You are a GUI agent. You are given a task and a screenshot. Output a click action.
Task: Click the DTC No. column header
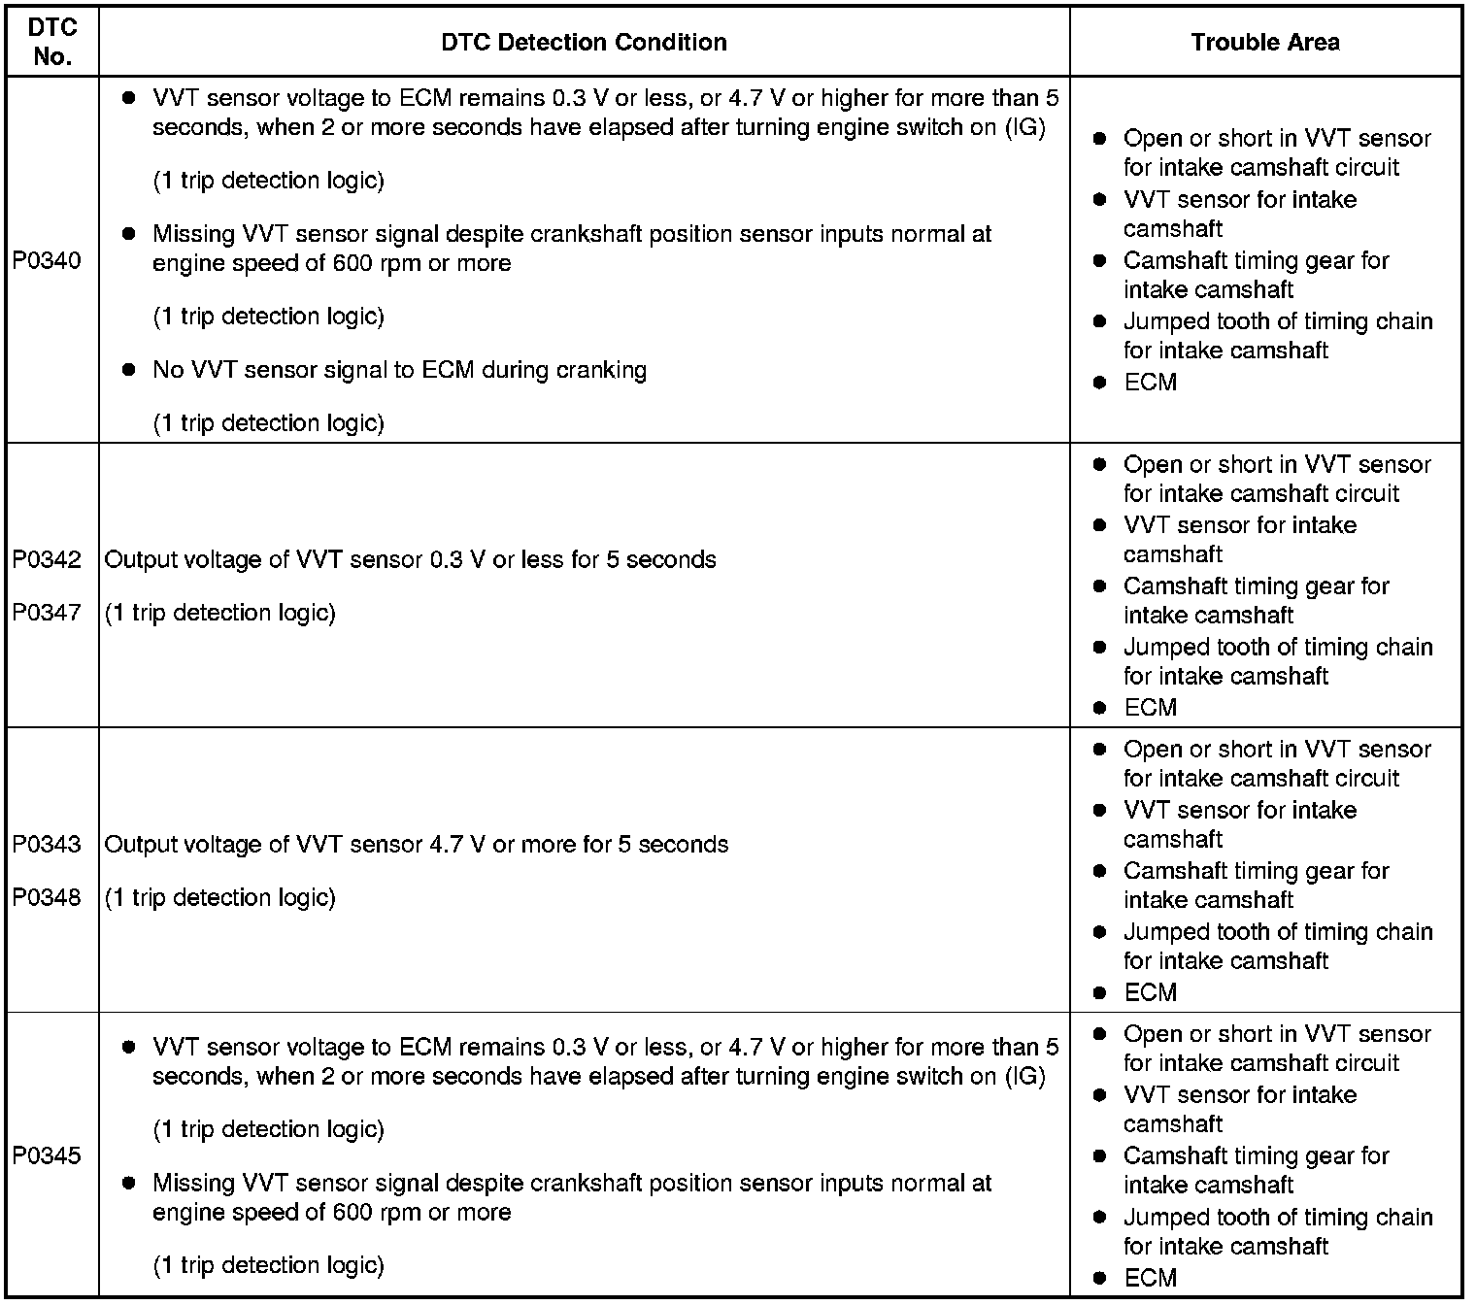(x=52, y=42)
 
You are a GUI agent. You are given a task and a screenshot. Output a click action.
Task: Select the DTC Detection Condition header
(x=584, y=42)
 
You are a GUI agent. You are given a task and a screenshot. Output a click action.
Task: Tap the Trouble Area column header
(x=1265, y=42)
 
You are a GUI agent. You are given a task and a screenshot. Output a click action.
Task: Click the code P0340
(x=47, y=261)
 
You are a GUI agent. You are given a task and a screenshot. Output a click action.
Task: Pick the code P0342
(x=47, y=560)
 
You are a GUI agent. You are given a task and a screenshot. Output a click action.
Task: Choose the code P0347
(x=47, y=613)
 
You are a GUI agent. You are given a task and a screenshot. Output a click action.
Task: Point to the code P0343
(x=47, y=845)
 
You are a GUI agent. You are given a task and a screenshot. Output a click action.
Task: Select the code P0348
(x=47, y=897)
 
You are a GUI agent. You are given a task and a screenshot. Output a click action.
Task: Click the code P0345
(x=47, y=1155)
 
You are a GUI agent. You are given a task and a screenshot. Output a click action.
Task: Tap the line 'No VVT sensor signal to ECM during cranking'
(x=399, y=370)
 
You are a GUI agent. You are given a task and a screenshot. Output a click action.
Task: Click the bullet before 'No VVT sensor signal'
(x=128, y=370)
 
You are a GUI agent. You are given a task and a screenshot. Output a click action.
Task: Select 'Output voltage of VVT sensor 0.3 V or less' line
(x=410, y=560)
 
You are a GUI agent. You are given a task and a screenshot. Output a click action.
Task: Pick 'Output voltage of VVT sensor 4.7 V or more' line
(x=416, y=845)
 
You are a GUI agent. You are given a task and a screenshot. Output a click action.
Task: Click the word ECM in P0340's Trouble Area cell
(x=1151, y=383)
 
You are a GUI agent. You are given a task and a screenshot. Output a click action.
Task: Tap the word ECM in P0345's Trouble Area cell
(x=1151, y=1278)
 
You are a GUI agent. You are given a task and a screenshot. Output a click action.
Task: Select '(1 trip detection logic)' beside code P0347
(x=220, y=613)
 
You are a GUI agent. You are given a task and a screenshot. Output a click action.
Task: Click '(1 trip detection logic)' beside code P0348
(x=220, y=897)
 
